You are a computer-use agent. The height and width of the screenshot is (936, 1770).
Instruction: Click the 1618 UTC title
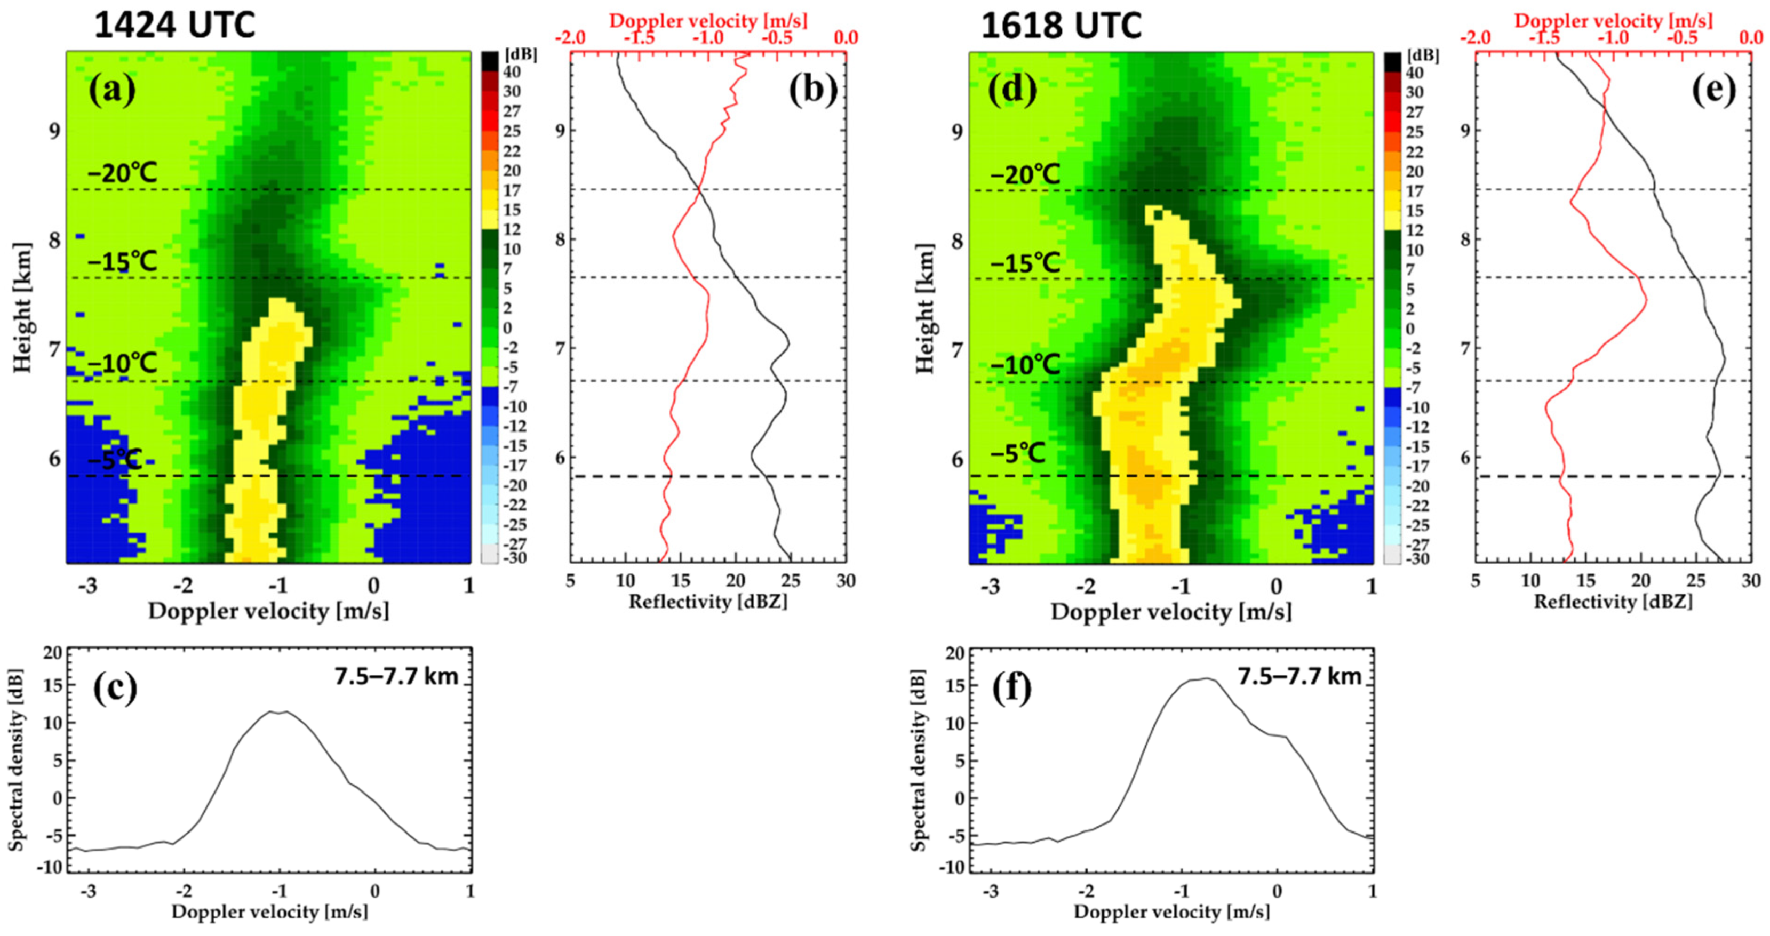(1062, 26)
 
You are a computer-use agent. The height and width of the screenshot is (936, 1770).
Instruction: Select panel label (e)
(1713, 90)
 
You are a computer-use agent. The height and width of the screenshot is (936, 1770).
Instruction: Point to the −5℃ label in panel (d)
(1018, 453)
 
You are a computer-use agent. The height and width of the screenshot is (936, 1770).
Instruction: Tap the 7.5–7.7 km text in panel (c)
(396, 676)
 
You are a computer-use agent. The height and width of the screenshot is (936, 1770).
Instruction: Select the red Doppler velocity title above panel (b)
(708, 21)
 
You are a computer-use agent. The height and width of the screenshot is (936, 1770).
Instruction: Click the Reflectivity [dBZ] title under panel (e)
(1613, 602)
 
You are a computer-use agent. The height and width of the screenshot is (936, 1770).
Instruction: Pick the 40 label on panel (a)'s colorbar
(512, 71)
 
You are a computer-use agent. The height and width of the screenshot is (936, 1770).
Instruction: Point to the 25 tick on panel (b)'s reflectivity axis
(791, 581)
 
